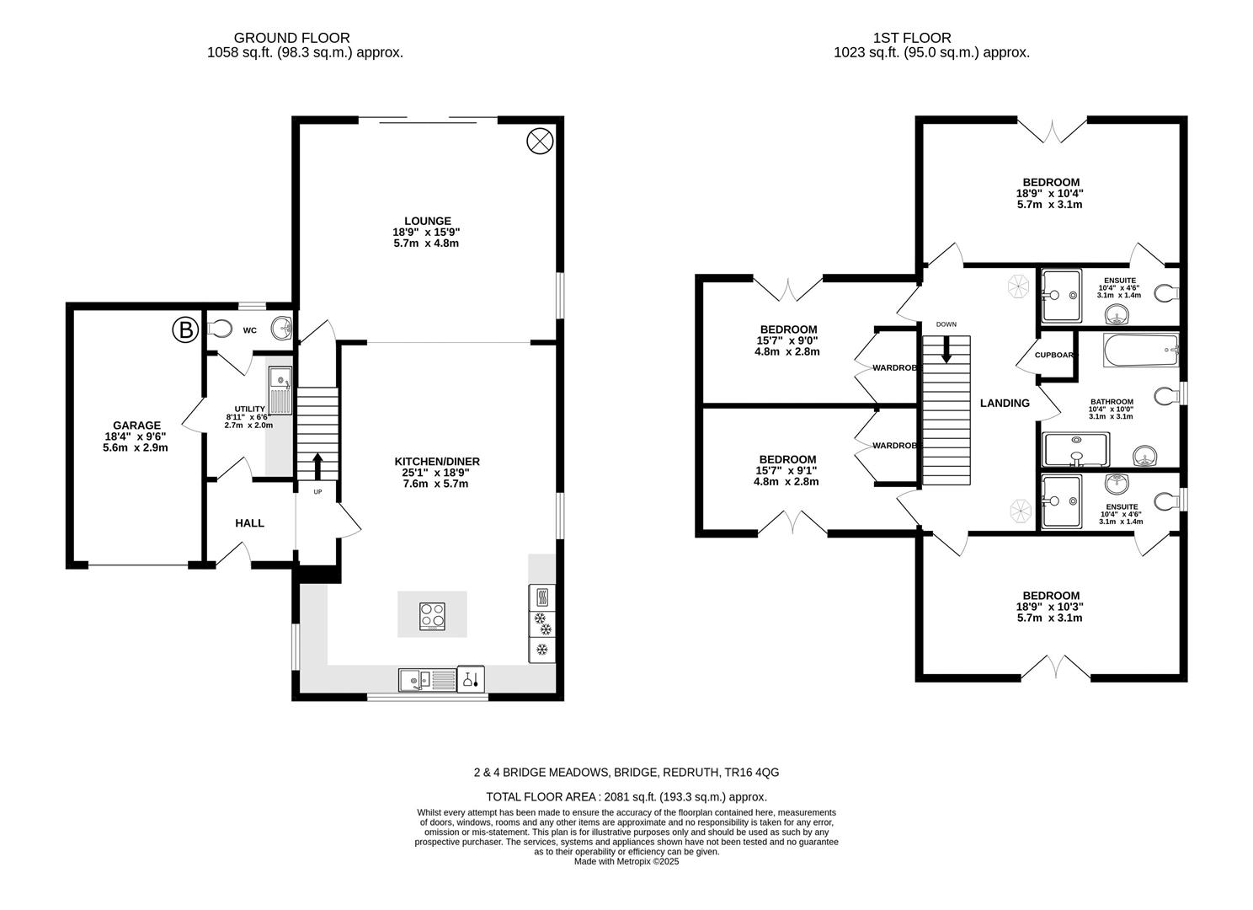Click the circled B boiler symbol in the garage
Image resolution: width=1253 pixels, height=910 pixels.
tap(184, 330)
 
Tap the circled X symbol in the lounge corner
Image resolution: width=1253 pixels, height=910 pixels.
tap(539, 141)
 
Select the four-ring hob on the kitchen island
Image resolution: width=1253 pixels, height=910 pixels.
tap(433, 616)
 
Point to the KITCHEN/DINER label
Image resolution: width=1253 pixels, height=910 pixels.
tap(437, 462)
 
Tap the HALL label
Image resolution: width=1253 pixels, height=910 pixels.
tap(249, 523)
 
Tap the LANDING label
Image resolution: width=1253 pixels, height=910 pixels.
tap(1005, 404)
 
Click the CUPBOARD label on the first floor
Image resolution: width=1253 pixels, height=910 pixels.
tap(1055, 355)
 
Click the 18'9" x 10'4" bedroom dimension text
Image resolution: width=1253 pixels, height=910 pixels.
tap(1049, 193)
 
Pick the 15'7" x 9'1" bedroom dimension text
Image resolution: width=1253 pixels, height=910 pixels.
tap(786, 470)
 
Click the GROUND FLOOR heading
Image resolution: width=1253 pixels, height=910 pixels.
tap(291, 38)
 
